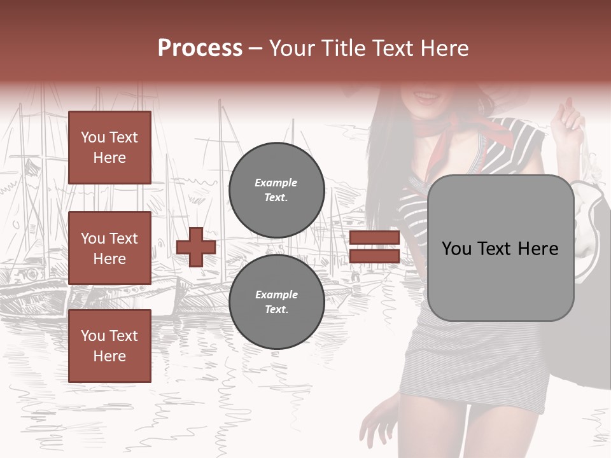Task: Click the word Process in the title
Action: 200,48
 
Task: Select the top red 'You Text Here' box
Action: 109,148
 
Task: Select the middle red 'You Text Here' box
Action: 109,248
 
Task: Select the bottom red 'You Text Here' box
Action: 109,346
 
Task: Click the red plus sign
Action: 196,247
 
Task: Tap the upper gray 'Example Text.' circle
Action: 276,190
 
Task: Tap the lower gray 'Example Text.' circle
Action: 276,302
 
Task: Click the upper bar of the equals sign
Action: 374,238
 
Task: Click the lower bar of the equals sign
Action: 374,256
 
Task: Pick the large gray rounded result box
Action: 500,286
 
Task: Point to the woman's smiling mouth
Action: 425,97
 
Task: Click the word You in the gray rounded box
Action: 456,249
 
